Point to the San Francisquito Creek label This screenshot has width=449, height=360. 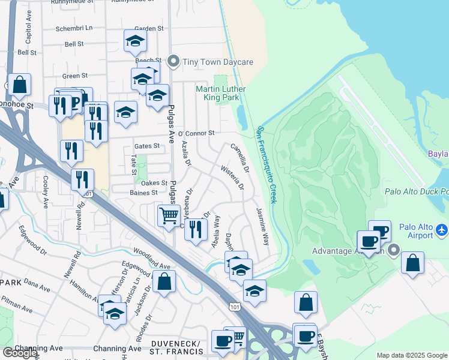coord(267,164)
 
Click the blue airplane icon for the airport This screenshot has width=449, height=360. coord(441,229)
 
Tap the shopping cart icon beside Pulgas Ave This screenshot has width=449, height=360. coord(169,215)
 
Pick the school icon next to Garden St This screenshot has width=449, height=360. coord(136,41)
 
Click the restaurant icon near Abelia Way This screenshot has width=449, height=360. coord(196,230)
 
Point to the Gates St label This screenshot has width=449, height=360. coord(147,146)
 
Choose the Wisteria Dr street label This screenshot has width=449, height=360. coord(232,178)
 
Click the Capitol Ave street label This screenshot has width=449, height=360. coord(28,35)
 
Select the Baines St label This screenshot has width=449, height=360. coord(143,193)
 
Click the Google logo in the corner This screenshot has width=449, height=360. coord(20,353)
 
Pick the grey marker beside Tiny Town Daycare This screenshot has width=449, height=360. coord(174,61)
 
